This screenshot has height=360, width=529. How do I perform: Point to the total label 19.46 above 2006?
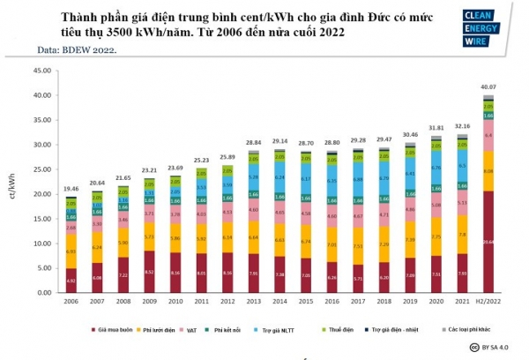click(x=71, y=189)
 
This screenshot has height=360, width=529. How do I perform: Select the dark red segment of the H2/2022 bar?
click(x=488, y=242)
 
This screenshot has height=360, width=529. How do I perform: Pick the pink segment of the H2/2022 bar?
click(x=488, y=136)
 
